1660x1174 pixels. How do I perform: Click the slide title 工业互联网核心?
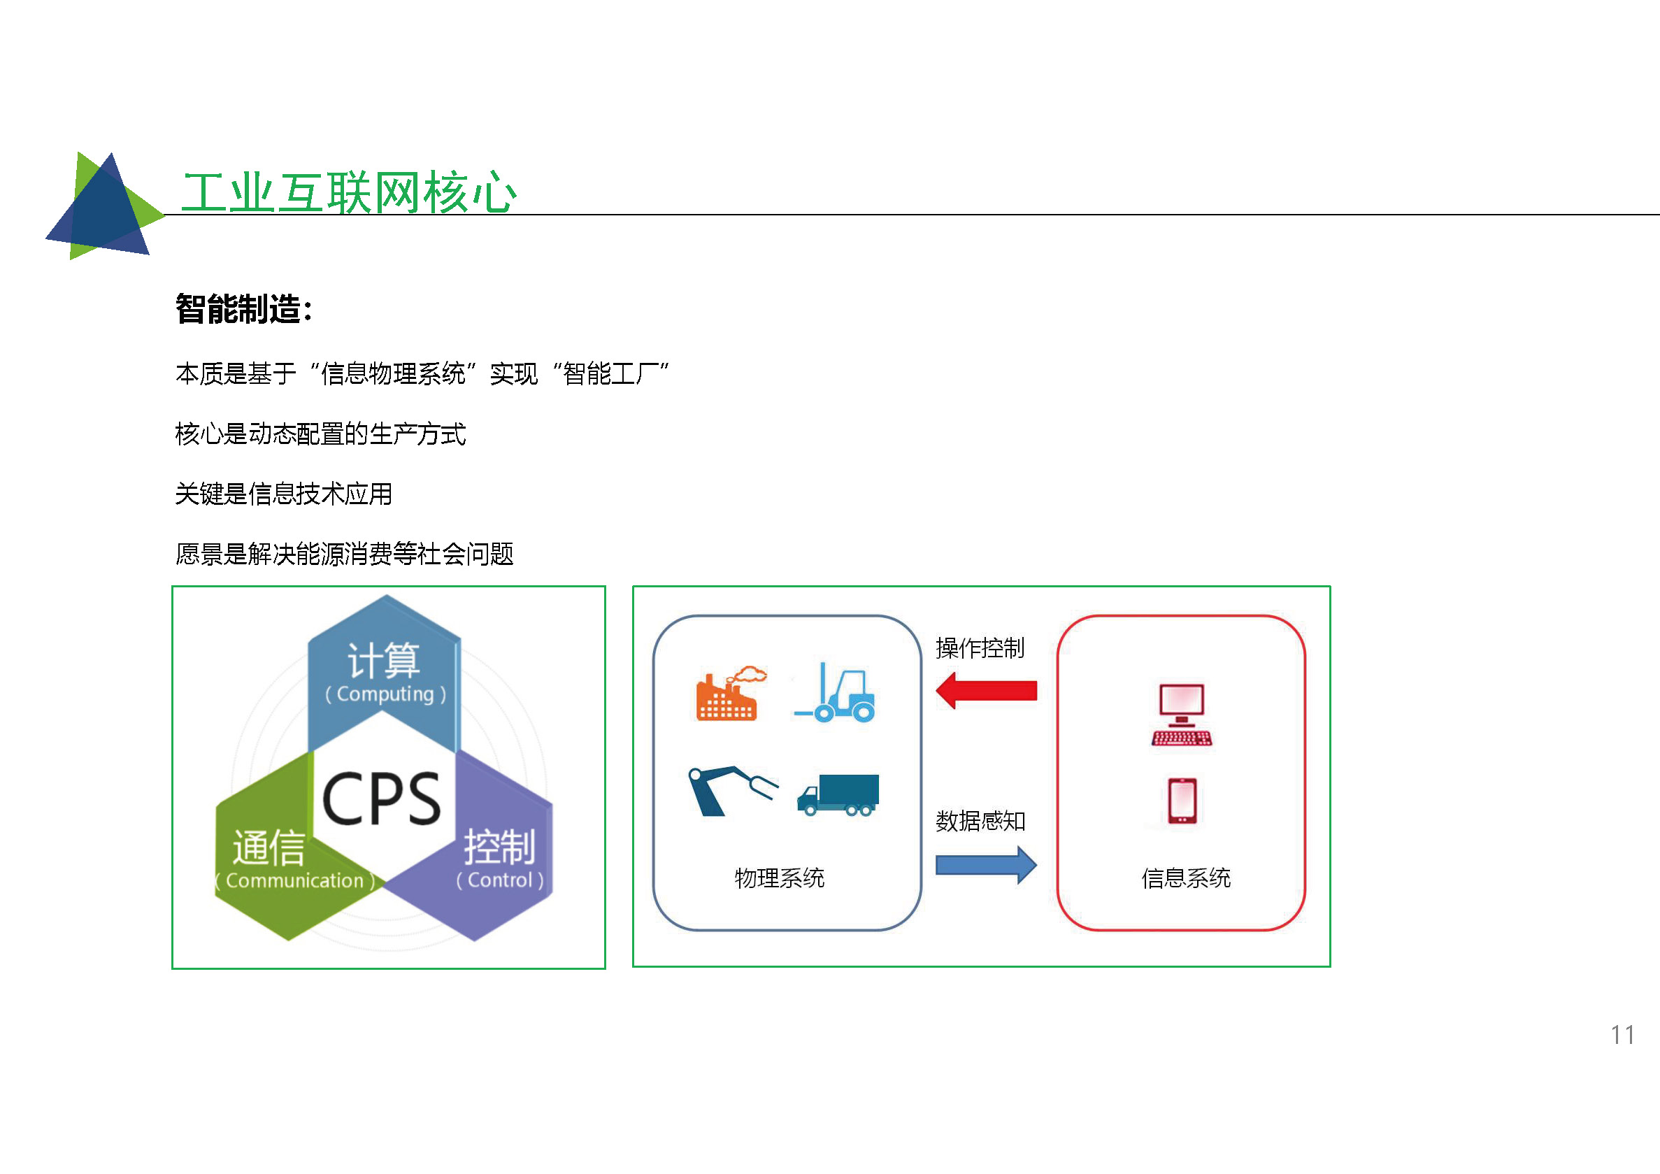349,193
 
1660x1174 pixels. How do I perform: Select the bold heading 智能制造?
244,309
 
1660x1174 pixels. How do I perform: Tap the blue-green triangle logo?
106,206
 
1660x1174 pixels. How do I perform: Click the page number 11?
1622,1034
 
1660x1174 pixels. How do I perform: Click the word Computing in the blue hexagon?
385,694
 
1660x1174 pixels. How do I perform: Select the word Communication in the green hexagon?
294,880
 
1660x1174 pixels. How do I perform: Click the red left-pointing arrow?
986,690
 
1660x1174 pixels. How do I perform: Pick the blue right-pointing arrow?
986,865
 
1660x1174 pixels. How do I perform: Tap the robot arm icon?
732,791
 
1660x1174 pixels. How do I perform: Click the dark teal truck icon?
838,794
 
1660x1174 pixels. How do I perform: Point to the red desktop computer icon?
1182,715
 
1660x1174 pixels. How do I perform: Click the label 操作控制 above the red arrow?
980,647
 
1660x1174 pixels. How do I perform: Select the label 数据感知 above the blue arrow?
980,820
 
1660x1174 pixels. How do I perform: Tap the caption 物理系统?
780,878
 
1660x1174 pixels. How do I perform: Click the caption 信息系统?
1186,878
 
